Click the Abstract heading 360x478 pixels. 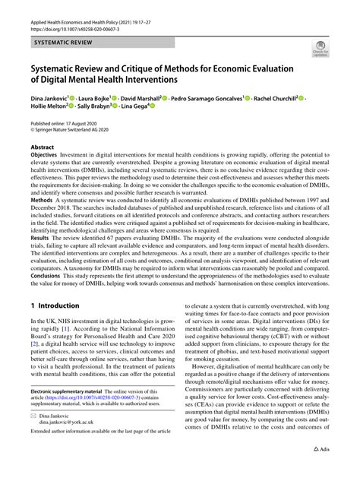(43, 147)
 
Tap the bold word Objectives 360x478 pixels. (44, 156)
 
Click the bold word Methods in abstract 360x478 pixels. (42, 215)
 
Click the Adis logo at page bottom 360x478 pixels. (322, 470)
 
